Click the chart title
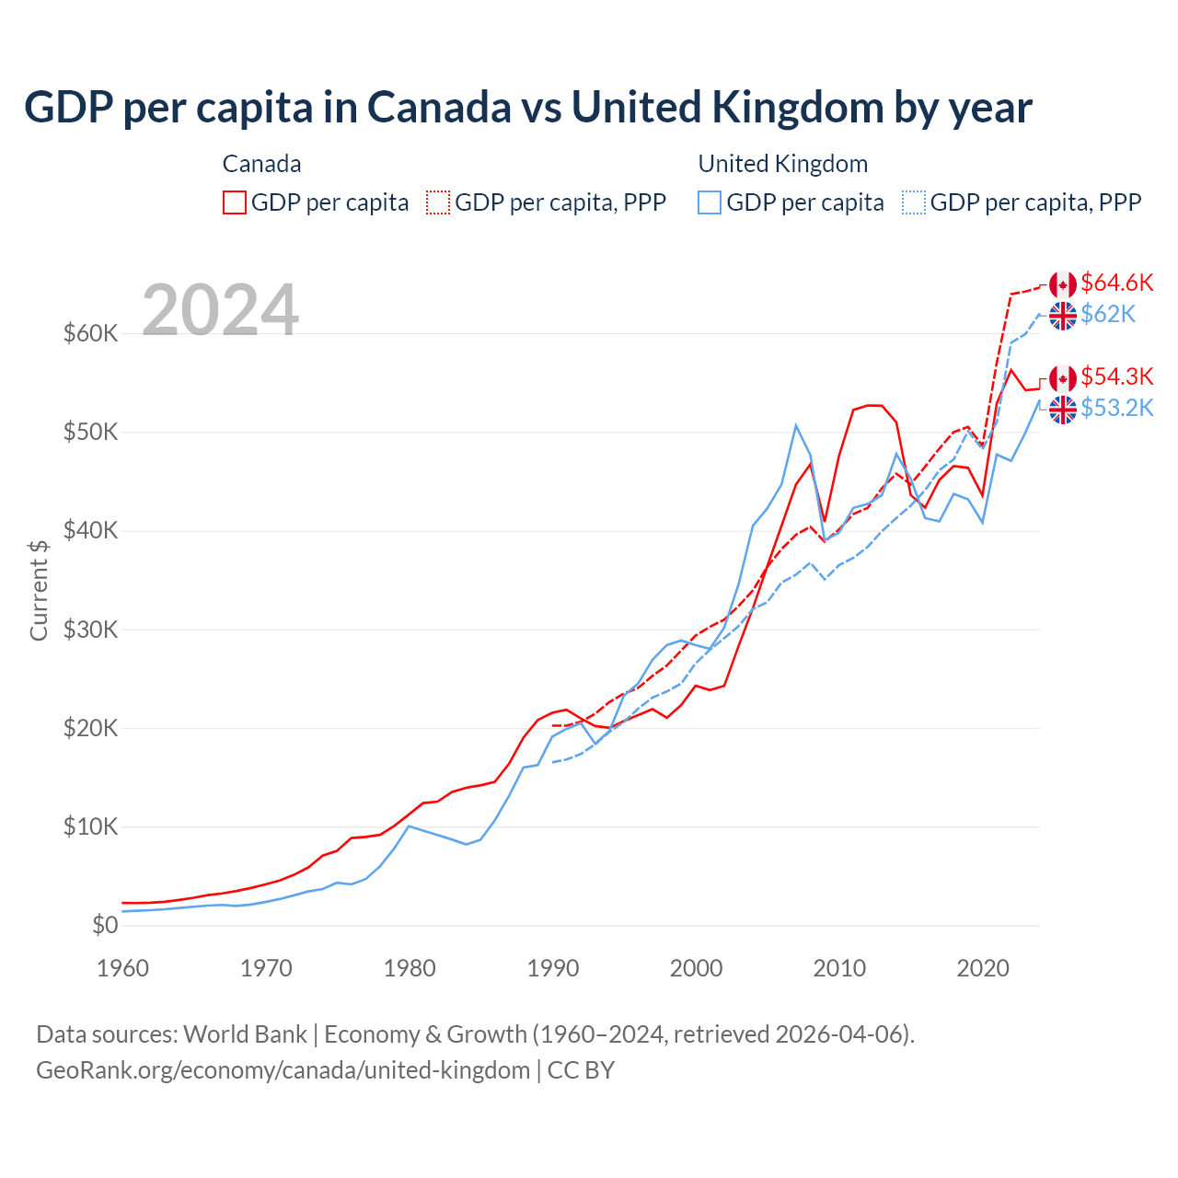528,108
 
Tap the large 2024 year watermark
220,310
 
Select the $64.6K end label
1116,283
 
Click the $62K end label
1108,315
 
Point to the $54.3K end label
1116,376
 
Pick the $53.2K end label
1116,408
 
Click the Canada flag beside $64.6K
1063,284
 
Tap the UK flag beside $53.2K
1063,410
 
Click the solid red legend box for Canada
235,202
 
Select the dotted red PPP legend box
438,202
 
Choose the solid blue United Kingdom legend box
710,202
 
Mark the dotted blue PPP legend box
914,202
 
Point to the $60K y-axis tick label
90,333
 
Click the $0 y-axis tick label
105,925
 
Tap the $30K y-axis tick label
90,629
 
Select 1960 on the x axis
122,968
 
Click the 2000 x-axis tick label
696,968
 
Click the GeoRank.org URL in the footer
283,1070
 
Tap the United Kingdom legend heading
783,164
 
